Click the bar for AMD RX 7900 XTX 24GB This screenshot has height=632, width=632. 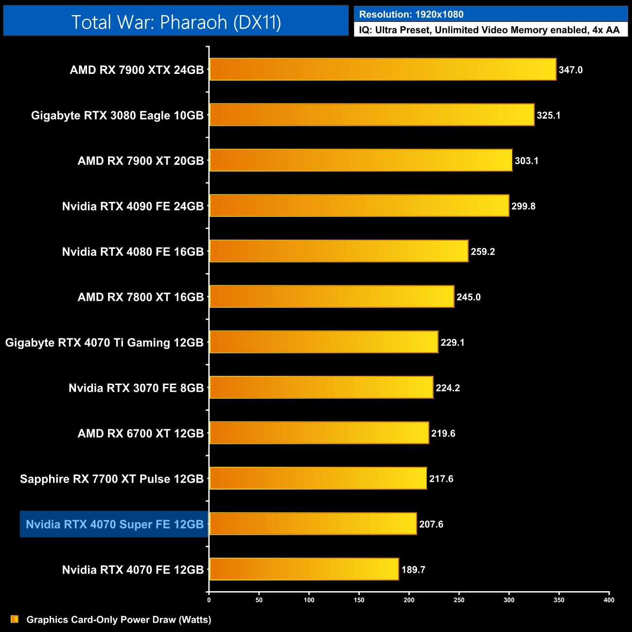(383, 70)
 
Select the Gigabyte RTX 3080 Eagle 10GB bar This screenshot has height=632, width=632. (372, 115)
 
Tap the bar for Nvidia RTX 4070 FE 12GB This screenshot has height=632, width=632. (304, 569)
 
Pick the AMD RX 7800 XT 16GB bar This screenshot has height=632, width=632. (332, 297)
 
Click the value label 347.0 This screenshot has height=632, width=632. (571, 70)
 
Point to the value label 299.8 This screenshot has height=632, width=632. (524, 206)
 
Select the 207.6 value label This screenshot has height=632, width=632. (431, 524)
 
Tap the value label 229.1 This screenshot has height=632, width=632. (453, 343)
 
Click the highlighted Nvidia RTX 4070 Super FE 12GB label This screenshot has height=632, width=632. (114, 524)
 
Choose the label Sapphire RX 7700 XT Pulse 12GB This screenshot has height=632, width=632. (112, 479)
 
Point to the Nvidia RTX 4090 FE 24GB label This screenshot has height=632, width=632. (133, 206)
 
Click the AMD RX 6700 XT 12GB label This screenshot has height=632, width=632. (140, 433)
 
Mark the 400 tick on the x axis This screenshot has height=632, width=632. (609, 600)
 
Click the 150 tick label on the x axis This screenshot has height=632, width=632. (359, 600)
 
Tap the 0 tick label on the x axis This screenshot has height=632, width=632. (209, 600)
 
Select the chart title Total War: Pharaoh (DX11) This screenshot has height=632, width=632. (176, 22)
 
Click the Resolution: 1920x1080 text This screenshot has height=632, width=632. (411, 15)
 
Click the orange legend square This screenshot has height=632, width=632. (15, 619)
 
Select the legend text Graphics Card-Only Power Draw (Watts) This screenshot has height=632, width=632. (119, 619)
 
